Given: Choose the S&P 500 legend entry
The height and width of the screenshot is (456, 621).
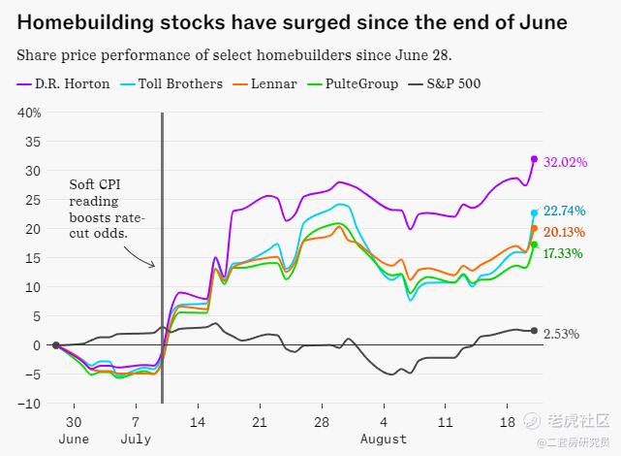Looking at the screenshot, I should coord(455,83).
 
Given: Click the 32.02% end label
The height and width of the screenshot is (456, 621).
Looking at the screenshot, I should coord(566,162).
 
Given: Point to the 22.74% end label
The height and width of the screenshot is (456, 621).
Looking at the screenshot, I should coord(566,212).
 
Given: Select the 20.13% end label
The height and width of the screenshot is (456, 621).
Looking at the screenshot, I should coord(566,232).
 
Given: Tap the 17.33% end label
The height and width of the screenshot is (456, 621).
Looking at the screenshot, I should coord(566,253).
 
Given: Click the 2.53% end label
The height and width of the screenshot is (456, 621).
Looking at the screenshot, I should coord(562,335).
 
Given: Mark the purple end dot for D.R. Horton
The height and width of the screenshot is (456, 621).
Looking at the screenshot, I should coord(534,159).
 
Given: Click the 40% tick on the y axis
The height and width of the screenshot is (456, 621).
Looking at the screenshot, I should coord(28,113).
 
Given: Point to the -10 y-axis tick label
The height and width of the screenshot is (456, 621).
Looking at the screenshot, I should coord(29,404).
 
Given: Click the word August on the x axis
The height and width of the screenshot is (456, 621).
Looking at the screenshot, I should coord(384,440).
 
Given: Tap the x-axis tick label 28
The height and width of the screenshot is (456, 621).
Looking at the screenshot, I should coord(321,423).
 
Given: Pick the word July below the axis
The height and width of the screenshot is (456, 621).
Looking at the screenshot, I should coord(136,440).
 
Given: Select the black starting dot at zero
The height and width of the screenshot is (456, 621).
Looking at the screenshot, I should coord(56,345).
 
